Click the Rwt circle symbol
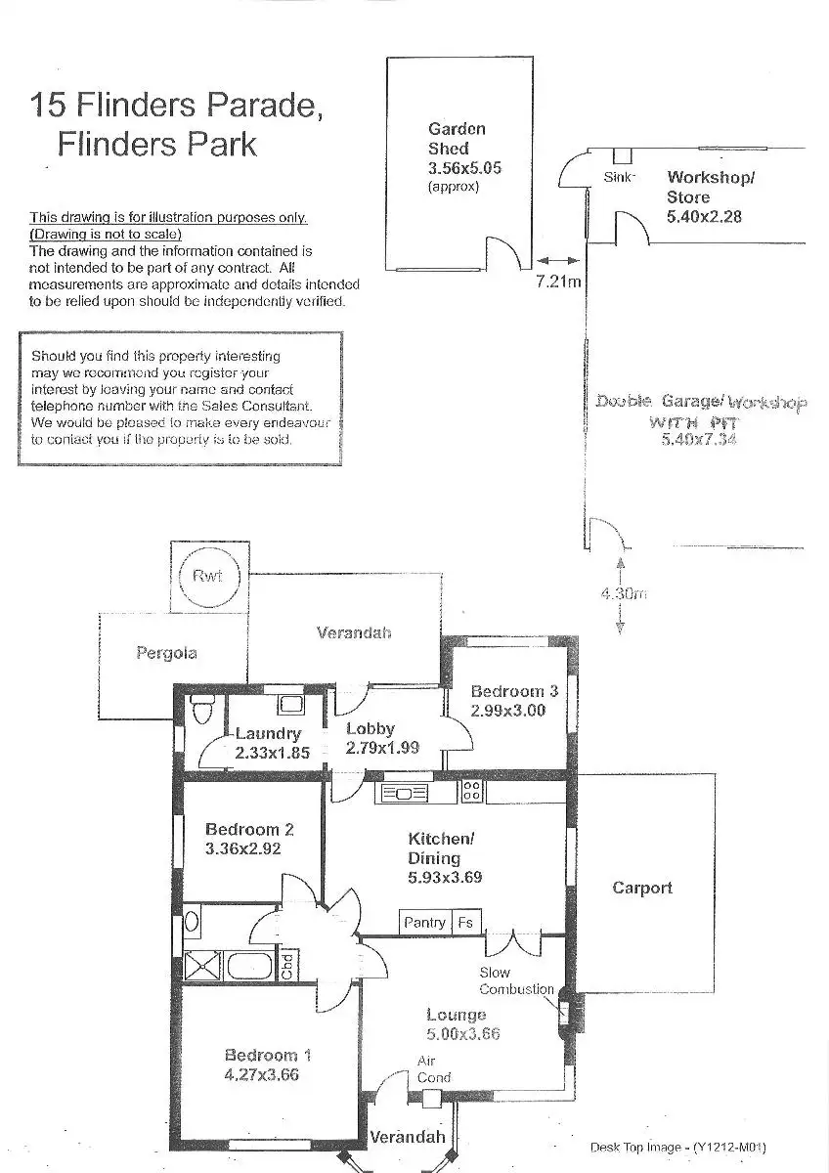[207, 577]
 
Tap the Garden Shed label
[457, 139]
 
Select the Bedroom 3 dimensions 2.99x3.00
[507, 711]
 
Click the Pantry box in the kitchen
[424, 922]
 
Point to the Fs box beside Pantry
[465, 922]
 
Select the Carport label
[642, 888]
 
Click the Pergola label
[166, 653]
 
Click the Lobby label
[371, 728]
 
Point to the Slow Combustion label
[516, 980]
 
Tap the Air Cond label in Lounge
[433, 1069]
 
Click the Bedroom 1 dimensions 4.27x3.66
[261, 1075]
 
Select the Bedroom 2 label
[249, 830]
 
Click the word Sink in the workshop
[619, 177]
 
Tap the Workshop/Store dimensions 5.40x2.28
[704, 216]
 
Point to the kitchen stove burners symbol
[470, 790]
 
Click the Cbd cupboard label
[287, 966]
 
